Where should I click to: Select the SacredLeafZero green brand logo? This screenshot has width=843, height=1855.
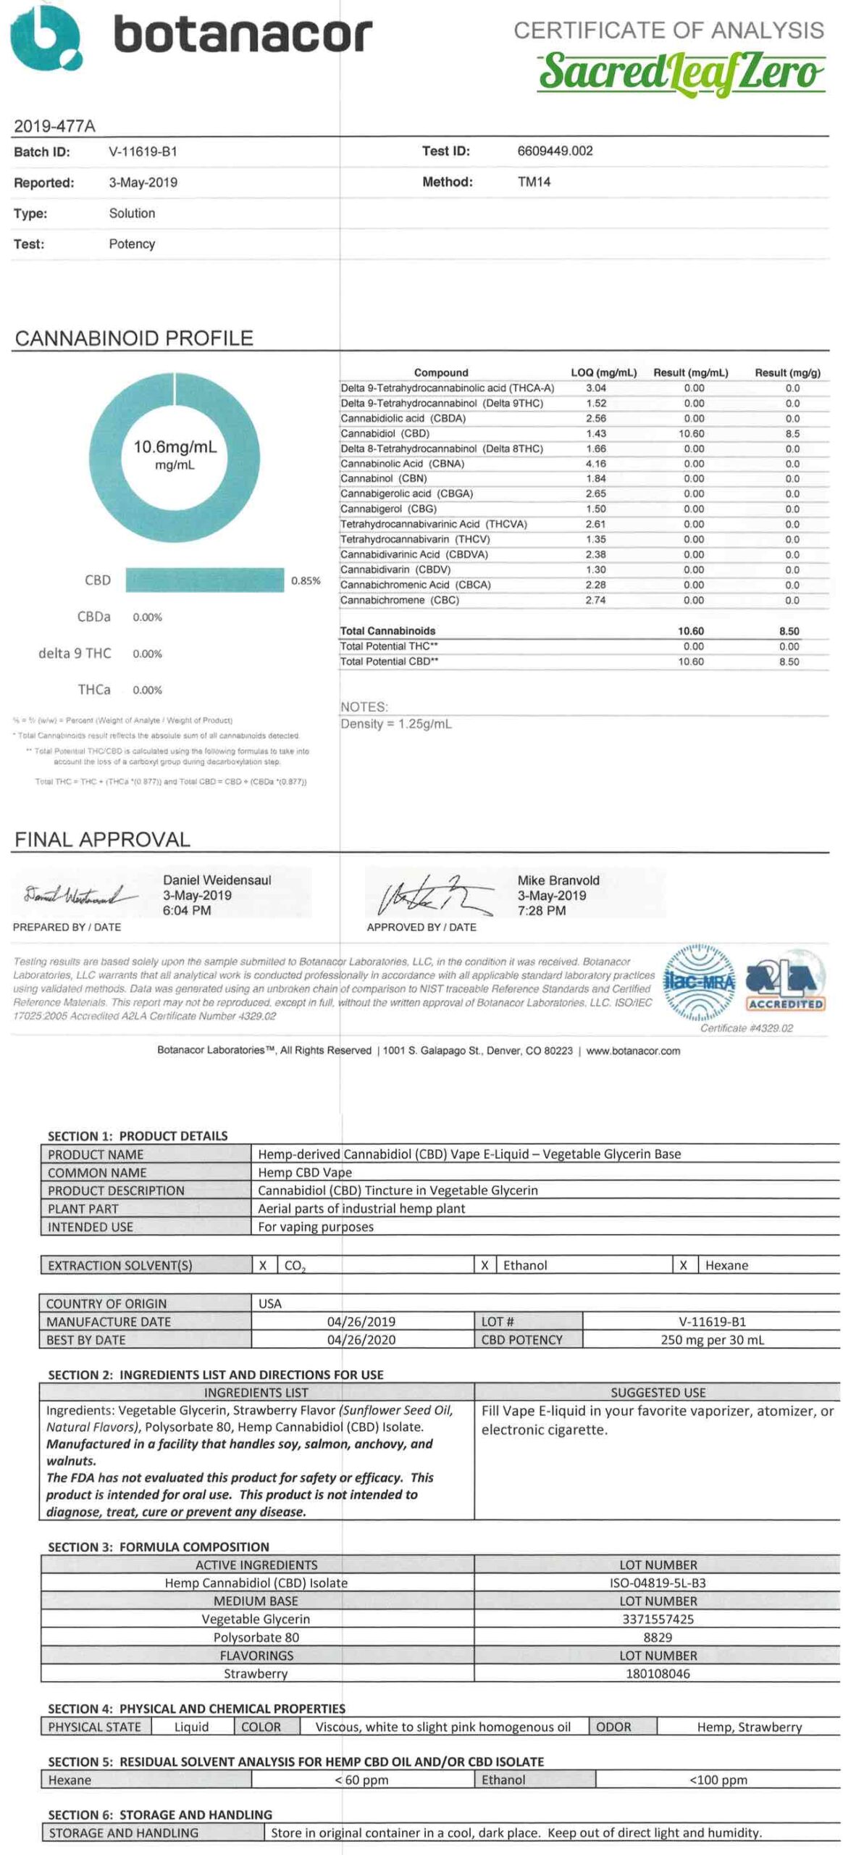click(x=680, y=72)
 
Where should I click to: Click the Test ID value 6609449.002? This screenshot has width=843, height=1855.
click(x=555, y=151)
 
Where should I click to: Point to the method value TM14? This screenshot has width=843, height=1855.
click(x=534, y=182)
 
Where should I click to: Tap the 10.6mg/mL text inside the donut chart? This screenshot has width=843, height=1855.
click(x=175, y=446)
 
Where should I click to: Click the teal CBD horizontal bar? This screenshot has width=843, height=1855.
click(x=205, y=580)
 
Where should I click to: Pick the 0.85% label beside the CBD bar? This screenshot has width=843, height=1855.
click(x=306, y=580)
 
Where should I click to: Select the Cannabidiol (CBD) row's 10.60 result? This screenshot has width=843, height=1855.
click(x=692, y=433)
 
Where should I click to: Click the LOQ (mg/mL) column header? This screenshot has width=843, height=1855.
click(x=603, y=372)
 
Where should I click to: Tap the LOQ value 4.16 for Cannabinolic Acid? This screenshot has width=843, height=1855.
click(x=596, y=464)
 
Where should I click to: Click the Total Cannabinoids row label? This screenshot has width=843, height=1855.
click(x=387, y=630)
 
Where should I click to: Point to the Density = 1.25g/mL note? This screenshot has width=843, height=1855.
click(x=396, y=724)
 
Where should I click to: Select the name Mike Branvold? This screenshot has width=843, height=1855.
click(x=558, y=880)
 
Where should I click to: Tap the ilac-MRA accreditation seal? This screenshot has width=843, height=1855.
click(x=699, y=983)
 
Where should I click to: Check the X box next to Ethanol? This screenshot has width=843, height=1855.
click(x=485, y=1265)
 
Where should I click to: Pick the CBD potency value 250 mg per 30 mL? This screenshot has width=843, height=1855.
click(x=712, y=1340)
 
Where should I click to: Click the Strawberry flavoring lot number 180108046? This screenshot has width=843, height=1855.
click(x=658, y=1674)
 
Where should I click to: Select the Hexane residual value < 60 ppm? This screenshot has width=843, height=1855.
click(x=362, y=1780)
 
